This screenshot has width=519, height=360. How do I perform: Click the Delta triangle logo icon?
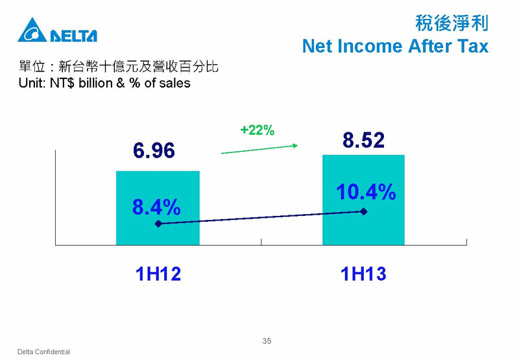32,30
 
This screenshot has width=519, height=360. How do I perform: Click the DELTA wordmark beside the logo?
73,36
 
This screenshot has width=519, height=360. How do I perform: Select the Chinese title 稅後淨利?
452,23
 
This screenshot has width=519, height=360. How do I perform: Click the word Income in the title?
371,46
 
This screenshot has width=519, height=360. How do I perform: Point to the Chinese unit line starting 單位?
119,67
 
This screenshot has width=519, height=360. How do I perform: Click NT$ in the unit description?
62,83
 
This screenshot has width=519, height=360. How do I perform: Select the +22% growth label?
257,130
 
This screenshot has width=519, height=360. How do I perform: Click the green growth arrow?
259,149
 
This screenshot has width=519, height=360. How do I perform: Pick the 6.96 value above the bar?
154,150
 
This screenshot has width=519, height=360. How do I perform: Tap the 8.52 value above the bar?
363,140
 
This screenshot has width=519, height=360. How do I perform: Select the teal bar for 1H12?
158,208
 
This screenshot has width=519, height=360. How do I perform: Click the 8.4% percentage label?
156,207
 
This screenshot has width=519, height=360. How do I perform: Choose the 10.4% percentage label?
366,192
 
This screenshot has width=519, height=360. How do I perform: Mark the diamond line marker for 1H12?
158,224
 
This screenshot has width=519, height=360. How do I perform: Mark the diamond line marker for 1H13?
364,211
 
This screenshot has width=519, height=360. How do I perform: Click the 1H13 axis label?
363,274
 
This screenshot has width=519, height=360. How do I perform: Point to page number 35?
267,341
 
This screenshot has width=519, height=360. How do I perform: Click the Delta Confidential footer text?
43,352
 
